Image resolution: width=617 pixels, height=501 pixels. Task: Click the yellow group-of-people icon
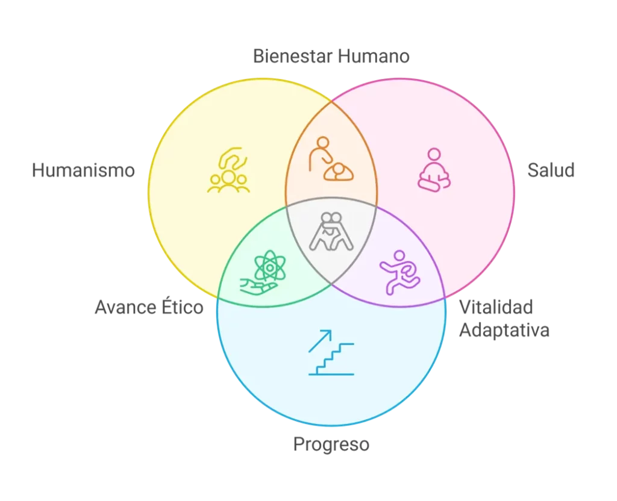[x=228, y=171]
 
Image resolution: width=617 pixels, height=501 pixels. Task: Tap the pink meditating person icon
[x=434, y=170]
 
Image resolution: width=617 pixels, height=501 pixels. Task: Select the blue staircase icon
[x=331, y=353]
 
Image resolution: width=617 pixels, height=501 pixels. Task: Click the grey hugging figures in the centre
[x=331, y=231]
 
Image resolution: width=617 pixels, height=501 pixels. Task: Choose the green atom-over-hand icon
[x=265, y=271]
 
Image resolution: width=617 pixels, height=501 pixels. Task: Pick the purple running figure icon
[x=398, y=272]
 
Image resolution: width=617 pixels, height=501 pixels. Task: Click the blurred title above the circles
[x=330, y=58]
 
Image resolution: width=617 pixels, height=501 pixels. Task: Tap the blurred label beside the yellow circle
[x=83, y=170]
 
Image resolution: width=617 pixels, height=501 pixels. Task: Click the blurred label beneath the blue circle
[x=332, y=446]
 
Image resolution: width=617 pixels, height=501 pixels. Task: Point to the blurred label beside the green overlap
[x=146, y=310]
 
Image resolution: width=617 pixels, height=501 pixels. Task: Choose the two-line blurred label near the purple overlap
[x=504, y=319]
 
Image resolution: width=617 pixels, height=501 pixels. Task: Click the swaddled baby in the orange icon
[x=339, y=172]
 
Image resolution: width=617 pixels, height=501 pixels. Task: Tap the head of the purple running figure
[x=399, y=255]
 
